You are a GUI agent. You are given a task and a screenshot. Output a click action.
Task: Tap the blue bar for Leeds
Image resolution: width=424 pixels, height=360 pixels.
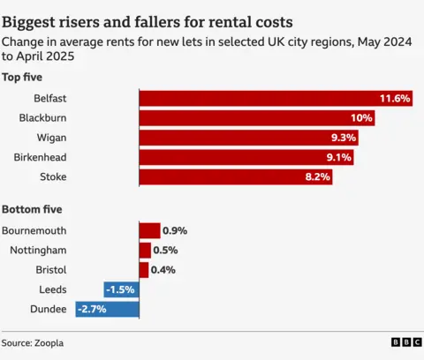point(121,289)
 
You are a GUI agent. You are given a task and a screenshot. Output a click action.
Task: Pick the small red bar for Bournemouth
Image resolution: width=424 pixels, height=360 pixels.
point(149,230)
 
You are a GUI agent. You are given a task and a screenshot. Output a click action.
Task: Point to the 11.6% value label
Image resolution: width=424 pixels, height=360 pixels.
point(395,99)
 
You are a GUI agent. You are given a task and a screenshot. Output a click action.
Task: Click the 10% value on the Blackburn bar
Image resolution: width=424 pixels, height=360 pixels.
point(361,118)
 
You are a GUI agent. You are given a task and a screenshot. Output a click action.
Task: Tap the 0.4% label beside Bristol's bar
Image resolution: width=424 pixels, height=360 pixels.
point(163,270)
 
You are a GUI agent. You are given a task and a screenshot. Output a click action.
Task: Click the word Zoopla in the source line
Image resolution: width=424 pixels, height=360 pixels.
point(50,342)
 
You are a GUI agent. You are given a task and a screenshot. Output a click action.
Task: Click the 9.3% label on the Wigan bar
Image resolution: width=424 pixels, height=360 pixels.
point(344,138)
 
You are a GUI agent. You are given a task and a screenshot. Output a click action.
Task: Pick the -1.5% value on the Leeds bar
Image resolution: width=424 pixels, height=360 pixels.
point(120,289)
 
